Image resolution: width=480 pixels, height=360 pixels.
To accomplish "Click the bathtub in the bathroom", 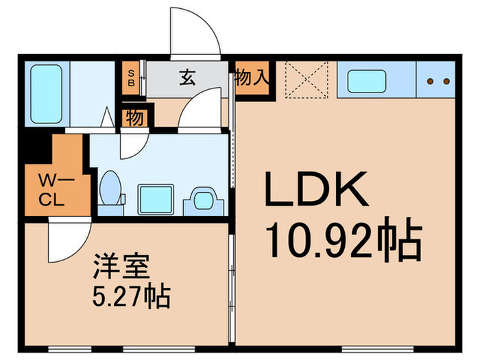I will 47,93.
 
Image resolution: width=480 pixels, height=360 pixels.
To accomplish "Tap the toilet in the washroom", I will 110,188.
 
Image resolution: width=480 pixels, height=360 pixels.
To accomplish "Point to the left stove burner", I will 431,82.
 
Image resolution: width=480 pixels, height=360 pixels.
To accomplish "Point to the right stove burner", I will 446,82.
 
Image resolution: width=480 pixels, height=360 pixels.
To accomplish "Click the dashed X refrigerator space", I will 302,82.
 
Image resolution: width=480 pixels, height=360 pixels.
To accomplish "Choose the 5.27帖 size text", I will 131,298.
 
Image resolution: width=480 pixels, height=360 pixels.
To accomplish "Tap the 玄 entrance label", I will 187,77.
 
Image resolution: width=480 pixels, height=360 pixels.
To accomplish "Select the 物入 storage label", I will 250,77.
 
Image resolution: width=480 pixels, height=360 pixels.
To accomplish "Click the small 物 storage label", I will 135,118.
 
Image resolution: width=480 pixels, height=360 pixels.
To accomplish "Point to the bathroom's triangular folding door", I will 108,118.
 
